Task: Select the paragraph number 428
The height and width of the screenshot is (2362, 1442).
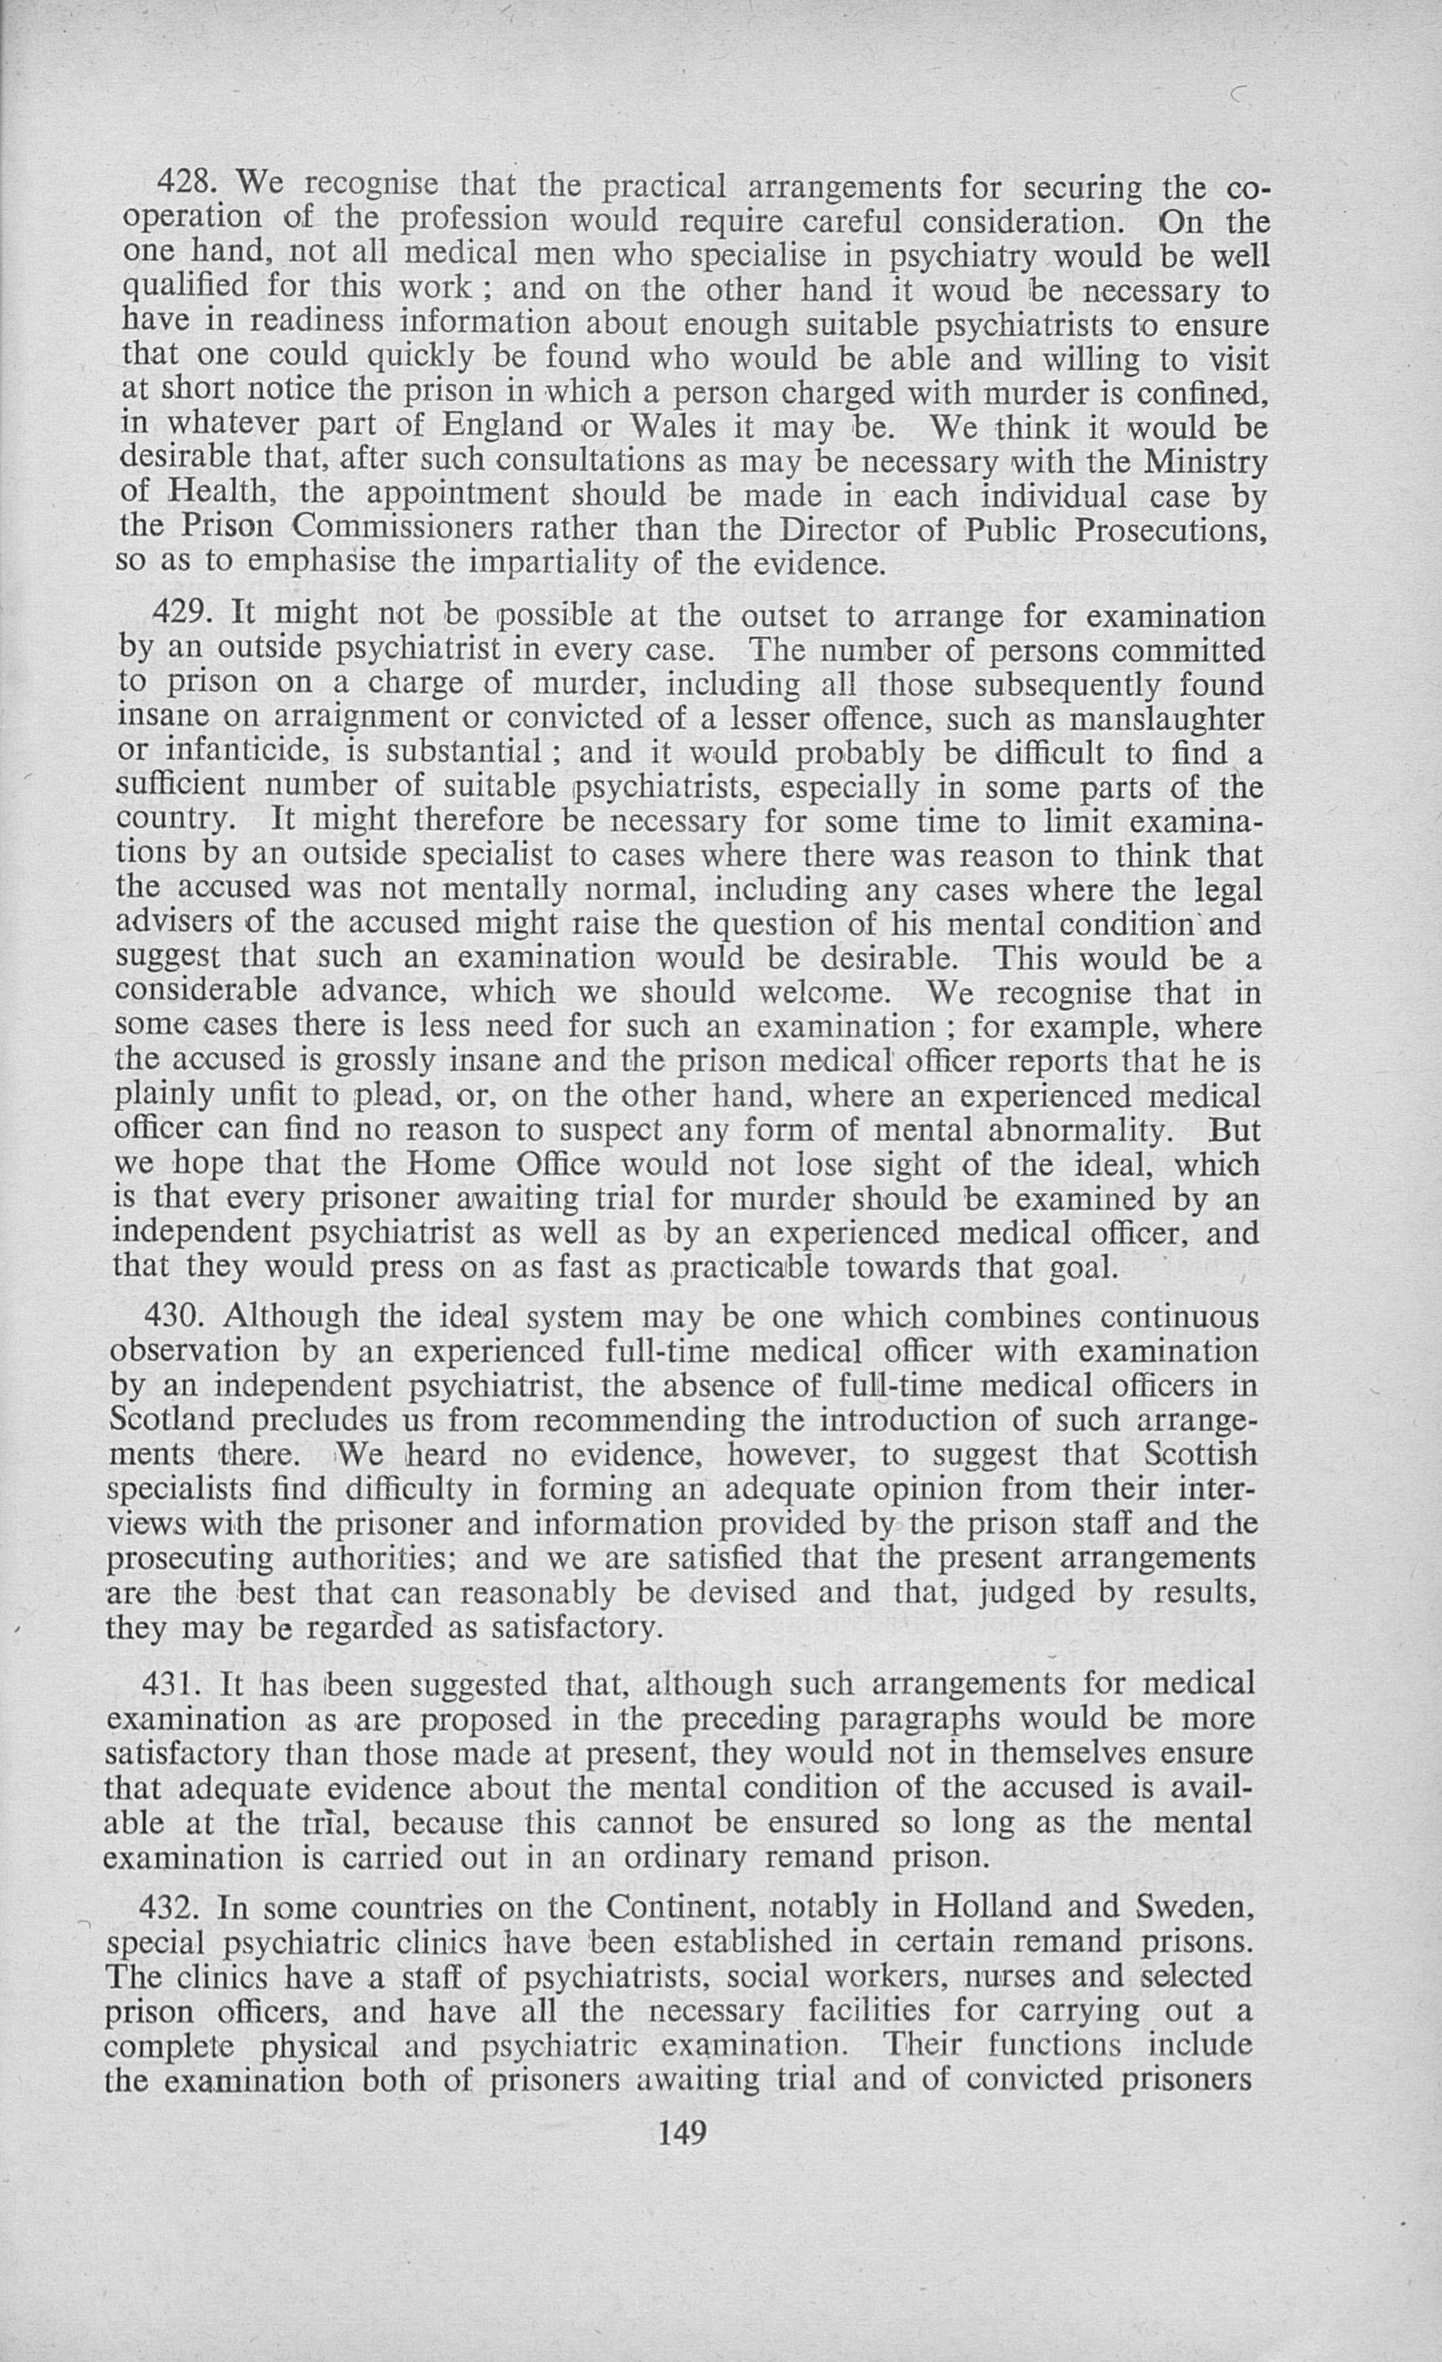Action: click(x=186, y=180)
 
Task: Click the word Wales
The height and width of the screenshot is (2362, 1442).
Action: click(x=670, y=425)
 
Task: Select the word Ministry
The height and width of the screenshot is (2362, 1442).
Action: click(x=1205, y=461)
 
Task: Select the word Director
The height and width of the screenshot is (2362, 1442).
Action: click(x=840, y=529)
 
